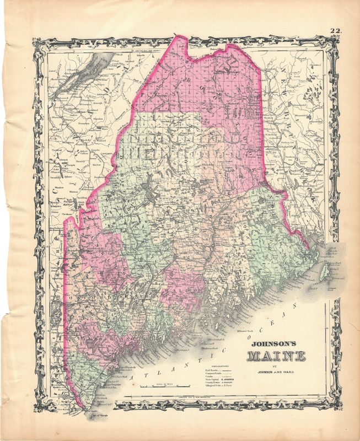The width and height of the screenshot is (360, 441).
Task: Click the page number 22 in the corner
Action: tap(335, 31)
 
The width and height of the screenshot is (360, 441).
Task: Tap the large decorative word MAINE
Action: tap(276, 355)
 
